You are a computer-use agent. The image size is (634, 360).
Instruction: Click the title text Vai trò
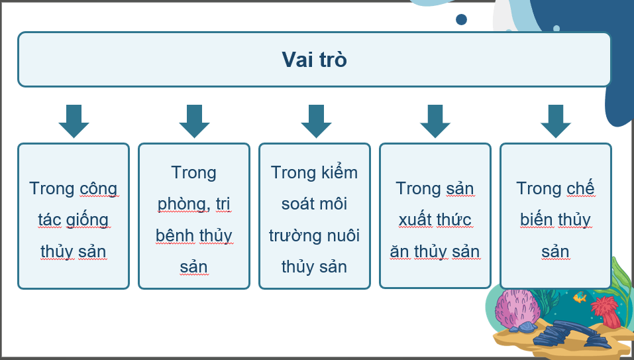314,60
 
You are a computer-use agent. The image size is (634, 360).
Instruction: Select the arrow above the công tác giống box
74,121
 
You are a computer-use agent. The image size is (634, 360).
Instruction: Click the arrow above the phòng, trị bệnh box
194,121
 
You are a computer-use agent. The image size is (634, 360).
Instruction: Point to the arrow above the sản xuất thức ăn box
435,121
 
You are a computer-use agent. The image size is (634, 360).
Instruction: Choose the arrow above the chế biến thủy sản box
556,121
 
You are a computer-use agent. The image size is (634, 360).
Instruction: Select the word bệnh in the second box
175,236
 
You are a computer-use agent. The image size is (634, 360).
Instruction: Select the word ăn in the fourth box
399,252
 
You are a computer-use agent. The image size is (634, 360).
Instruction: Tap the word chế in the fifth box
580,189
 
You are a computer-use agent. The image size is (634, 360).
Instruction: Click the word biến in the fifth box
536,220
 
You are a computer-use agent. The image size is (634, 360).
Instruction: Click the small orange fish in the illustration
580,298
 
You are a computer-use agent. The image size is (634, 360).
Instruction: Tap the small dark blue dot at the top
461,19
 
